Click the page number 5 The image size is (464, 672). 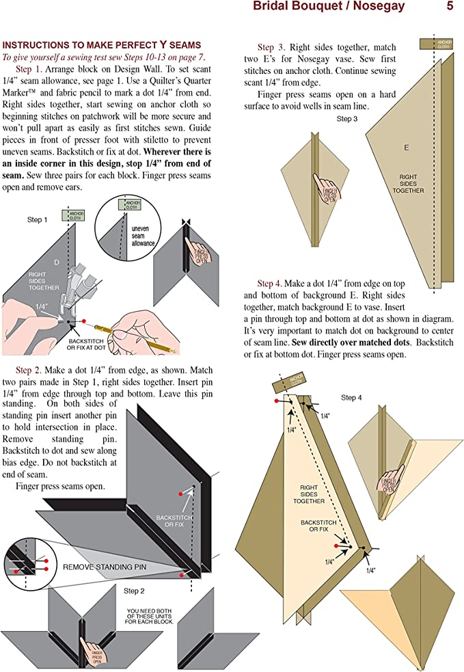click(450, 7)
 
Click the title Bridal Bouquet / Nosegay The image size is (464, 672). click(329, 7)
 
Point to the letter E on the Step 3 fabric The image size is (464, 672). click(406, 148)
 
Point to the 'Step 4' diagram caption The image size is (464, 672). click(353, 397)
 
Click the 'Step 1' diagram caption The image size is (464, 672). click(38, 219)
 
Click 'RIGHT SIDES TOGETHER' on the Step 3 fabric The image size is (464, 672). click(411, 183)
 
